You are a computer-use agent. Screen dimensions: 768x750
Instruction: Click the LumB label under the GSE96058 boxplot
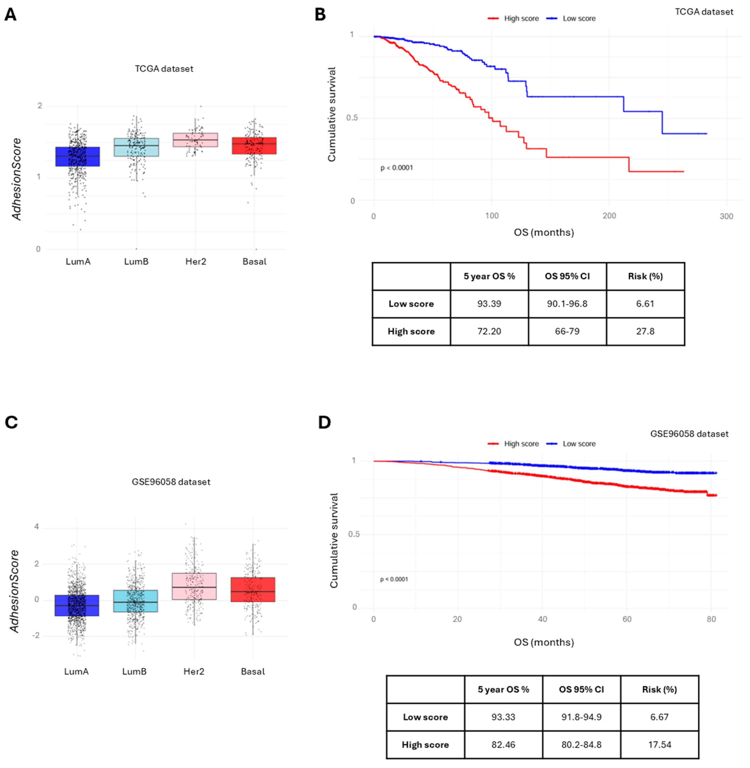134,672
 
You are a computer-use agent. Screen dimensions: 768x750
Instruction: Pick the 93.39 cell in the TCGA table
489,304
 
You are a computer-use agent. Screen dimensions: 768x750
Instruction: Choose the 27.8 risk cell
645,331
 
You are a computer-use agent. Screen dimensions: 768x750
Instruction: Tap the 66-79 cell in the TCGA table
567,331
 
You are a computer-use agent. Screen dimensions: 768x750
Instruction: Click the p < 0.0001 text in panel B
397,168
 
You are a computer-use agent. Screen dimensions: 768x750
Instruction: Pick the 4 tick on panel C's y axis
37,527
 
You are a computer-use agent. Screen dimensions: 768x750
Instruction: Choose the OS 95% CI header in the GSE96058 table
581,689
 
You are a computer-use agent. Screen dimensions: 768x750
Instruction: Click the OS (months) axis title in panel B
544,233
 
